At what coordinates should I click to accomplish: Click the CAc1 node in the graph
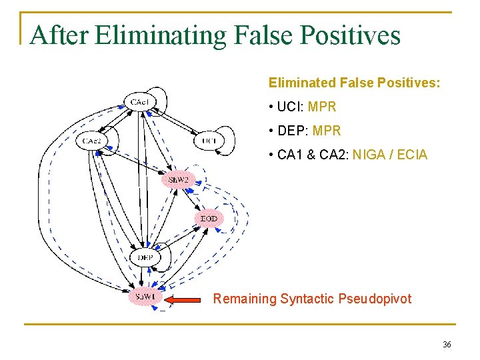tap(139, 102)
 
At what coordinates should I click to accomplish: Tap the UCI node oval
tap(209, 141)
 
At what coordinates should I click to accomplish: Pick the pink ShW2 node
tap(178, 180)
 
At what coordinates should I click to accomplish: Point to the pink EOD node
tap(209, 219)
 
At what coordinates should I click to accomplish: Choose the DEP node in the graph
tap(145, 258)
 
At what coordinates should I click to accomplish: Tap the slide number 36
tap(446, 345)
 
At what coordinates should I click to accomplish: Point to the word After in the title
tap(59, 35)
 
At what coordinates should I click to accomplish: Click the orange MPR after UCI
tap(322, 107)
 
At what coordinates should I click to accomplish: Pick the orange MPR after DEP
tap(326, 131)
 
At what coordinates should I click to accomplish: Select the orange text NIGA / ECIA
tap(390, 155)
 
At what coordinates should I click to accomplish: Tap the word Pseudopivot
tap(378, 299)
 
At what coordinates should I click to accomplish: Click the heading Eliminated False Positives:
tap(354, 83)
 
